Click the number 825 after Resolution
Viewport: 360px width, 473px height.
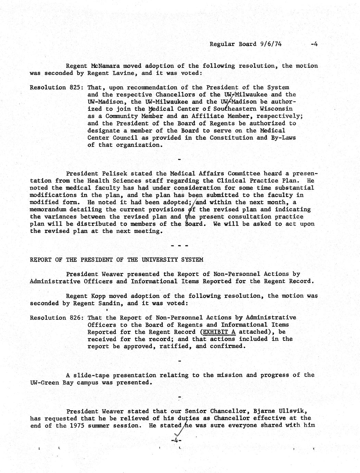click(x=75, y=87)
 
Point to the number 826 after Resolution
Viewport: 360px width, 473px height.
click(x=75, y=318)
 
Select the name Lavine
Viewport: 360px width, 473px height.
click(x=126, y=73)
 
